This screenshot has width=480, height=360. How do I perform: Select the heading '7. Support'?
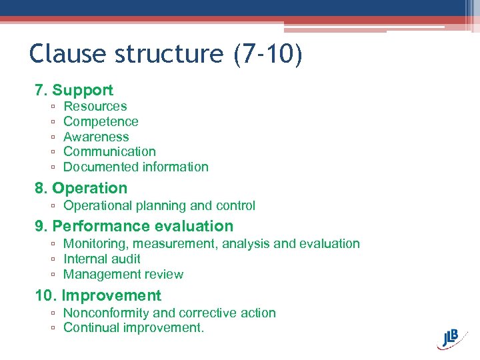pyautogui.click(x=74, y=90)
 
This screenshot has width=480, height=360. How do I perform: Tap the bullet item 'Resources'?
pyautogui.click(x=95, y=106)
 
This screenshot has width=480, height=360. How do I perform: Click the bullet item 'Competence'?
pyautogui.click(x=101, y=121)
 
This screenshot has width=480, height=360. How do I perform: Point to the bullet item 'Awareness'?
pyautogui.click(x=96, y=137)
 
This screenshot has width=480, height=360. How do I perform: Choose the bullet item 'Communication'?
pyautogui.click(x=109, y=152)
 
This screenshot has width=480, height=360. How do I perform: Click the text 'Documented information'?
pyautogui.click(x=135, y=167)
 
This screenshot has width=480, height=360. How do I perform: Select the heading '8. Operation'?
pyautogui.click(x=81, y=188)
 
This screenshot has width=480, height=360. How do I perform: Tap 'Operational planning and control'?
pyautogui.click(x=159, y=206)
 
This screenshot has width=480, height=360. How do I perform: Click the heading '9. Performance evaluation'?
pyautogui.click(x=134, y=226)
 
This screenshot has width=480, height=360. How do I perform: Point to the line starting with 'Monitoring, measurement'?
pyautogui.click(x=211, y=244)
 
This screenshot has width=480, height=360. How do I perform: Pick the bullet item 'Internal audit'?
pyautogui.click(x=101, y=259)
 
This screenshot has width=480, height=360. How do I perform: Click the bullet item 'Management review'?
pyautogui.click(x=123, y=274)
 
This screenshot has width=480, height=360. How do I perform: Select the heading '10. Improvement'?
pyautogui.click(x=98, y=295)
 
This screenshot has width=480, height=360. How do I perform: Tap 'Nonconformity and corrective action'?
pyautogui.click(x=169, y=313)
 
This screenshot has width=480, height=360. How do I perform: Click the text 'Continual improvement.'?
pyautogui.click(x=133, y=328)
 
